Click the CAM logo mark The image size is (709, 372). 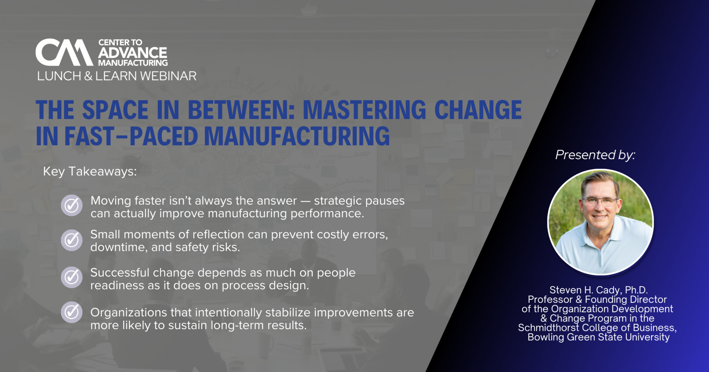coord(64,52)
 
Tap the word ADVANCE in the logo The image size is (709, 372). coord(133,53)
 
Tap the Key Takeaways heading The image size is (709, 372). coord(90,172)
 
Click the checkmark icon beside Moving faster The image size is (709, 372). coord(72,205)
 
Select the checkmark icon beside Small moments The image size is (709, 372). coord(72,240)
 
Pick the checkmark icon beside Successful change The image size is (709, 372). coord(72,277)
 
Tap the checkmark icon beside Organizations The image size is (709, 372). coord(72,312)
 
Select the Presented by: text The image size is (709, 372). coord(595,155)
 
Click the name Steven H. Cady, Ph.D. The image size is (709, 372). coord(599,290)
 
